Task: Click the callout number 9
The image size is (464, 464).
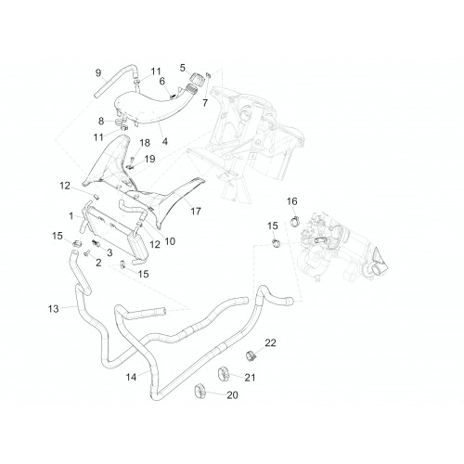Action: pyautogui.click(x=98, y=73)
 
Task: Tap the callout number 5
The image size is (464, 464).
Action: pyautogui.click(x=183, y=68)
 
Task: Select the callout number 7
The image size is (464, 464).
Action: pyautogui.click(x=205, y=103)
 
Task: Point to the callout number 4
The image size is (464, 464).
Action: pyautogui.click(x=165, y=142)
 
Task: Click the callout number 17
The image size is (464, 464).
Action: pyautogui.click(x=196, y=212)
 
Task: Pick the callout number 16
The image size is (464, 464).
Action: pyautogui.click(x=292, y=201)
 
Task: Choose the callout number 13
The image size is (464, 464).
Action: pyautogui.click(x=53, y=309)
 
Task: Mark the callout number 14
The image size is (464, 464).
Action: pyautogui.click(x=131, y=377)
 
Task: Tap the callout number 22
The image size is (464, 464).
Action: pyautogui.click(x=270, y=342)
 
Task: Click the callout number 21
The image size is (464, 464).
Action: pyautogui.click(x=250, y=378)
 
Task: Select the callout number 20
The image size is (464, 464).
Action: pyautogui.click(x=233, y=395)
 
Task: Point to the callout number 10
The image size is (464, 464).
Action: pyautogui.click(x=170, y=241)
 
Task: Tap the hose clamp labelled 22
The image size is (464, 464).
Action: pyautogui.click(x=251, y=355)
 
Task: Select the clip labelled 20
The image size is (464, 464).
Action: pyautogui.click(x=200, y=391)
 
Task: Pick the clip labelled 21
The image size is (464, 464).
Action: pyautogui.click(x=224, y=374)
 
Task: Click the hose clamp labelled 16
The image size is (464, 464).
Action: pyautogui.click(x=295, y=221)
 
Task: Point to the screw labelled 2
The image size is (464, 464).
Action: pyautogui.click(x=86, y=253)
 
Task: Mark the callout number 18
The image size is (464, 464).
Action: pyautogui.click(x=145, y=143)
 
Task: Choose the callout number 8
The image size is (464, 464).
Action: pyautogui.click(x=101, y=121)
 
